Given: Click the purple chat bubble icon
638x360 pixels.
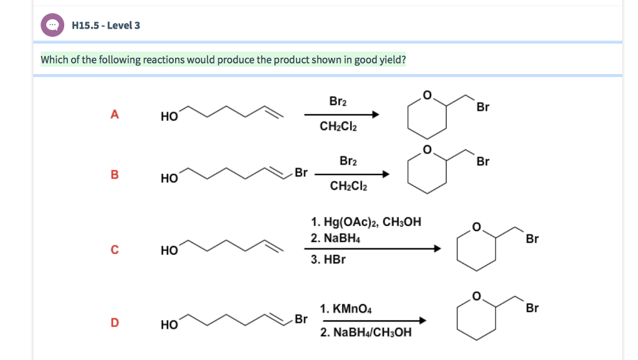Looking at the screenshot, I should tap(52, 25).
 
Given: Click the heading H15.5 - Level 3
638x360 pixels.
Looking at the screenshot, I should tap(106, 26).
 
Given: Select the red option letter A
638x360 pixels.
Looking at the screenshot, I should tap(114, 115).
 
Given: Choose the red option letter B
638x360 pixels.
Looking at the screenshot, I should tap(114, 175).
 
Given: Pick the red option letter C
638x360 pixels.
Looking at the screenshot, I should tap(114, 250).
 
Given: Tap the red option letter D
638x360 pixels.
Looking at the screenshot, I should tap(114, 323).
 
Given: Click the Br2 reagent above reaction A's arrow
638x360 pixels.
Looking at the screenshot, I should tap(338, 102).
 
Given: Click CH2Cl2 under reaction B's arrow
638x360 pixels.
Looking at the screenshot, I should tap(348, 186).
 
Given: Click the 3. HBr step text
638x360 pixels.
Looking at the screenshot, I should tap(328, 259).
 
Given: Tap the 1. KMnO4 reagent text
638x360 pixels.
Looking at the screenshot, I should tap(346, 308).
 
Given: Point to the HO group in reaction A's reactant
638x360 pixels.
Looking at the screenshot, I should tap(168, 116).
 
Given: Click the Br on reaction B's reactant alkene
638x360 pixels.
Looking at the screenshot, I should tap(301, 172).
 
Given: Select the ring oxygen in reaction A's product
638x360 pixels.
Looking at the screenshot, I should tap(427, 95).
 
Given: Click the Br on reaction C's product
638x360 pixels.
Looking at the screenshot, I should tap(532, 239).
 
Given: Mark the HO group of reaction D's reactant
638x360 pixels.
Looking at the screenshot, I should tap(168, 324).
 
